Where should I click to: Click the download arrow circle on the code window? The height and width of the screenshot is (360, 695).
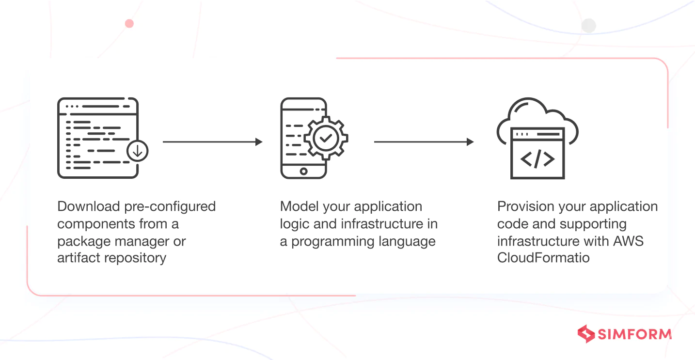click(138, 152)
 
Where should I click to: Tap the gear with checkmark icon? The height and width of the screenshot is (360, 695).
click(326, 138)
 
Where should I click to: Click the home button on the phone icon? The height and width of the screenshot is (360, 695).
click(303, 171)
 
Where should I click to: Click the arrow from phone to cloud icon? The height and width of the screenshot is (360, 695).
click(424, 142)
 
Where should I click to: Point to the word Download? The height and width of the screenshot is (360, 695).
click(88, 206)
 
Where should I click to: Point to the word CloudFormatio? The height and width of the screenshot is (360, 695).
click(543, 258)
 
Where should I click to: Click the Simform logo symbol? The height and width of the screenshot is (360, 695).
click(586, 334)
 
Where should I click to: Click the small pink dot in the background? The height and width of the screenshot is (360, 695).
click(129, 23)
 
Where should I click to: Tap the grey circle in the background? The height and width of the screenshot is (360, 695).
click(588, 26)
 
